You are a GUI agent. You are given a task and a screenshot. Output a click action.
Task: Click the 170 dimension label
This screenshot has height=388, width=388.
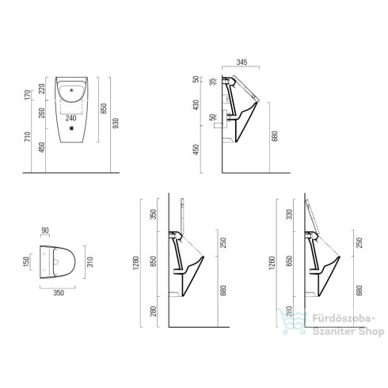pos(27,95)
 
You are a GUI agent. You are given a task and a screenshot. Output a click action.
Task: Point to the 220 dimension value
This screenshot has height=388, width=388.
pos(42,89)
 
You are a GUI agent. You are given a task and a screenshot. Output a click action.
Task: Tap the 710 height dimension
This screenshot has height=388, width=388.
pos(27,136)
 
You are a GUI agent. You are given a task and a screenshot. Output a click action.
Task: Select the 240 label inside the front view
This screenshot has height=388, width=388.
pos(70,118)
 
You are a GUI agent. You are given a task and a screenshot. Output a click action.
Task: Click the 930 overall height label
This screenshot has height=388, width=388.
pos(116,123)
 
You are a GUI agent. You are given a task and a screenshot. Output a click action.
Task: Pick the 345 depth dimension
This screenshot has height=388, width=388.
pos(242,62)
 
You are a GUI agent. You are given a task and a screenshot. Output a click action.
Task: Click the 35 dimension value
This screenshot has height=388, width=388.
pos(213,82)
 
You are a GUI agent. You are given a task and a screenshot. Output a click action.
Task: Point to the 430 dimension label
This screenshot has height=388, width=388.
pos(196,105)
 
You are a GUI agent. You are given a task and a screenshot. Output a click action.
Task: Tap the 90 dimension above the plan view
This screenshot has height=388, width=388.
pos(45,230)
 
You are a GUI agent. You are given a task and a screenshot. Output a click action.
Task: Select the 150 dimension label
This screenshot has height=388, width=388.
pos(26,261)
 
